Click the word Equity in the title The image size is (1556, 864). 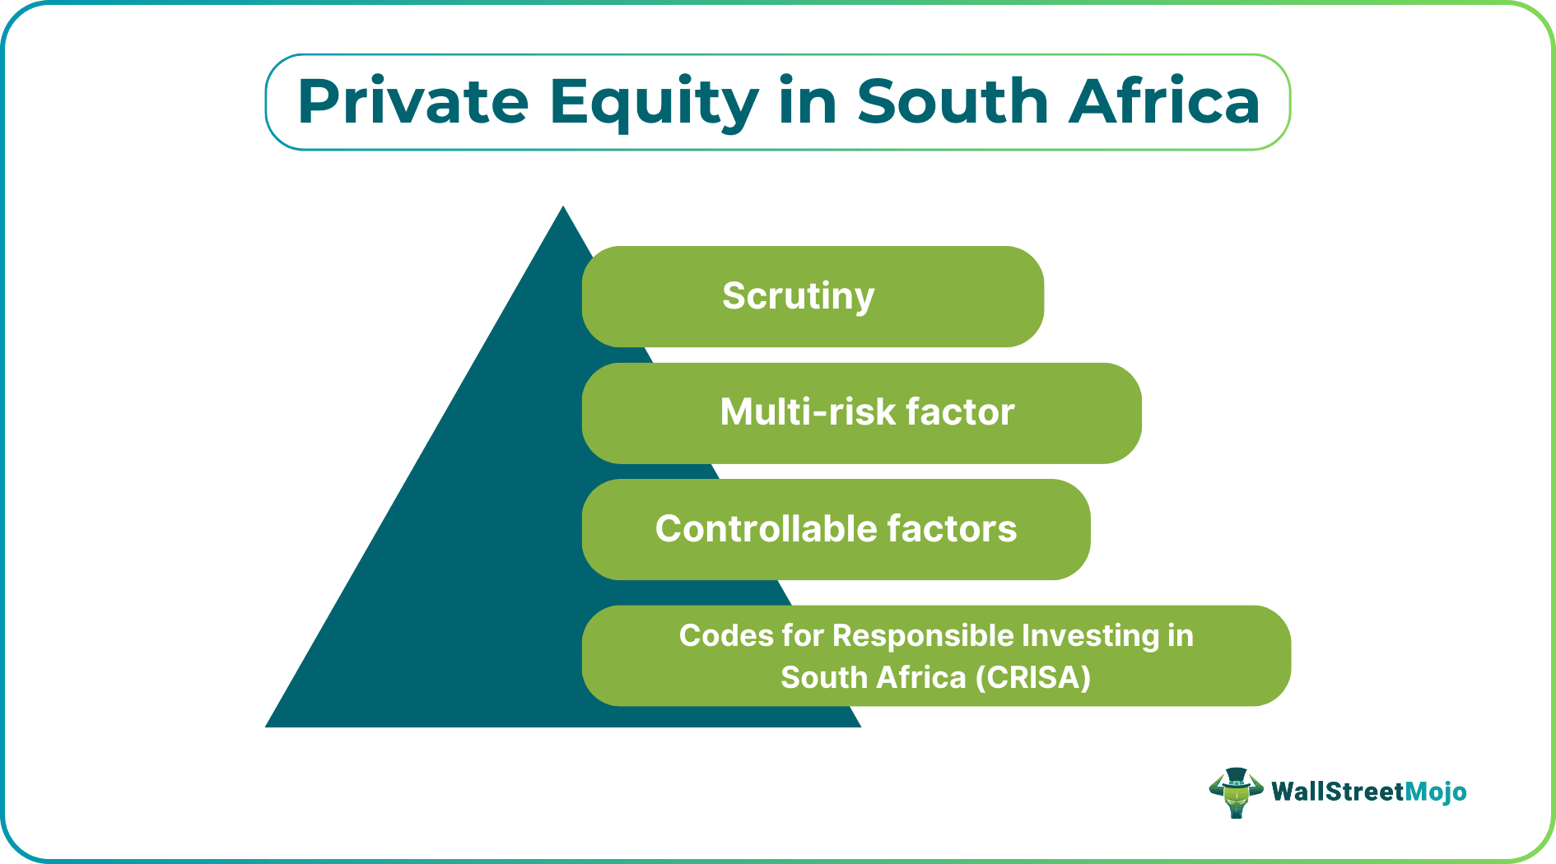click(x=654, y=102)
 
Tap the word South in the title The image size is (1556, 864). click(x=952, y=102)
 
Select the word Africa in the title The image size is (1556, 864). click(x=1163, y=102)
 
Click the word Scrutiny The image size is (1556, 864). click(x=798, y=296)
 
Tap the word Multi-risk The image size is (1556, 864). click(x=807, y=412)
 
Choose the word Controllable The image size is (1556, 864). click(x=765, y=529)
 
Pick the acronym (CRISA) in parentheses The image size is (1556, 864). click(x=1033, y=678)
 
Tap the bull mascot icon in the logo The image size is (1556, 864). click(x=1235, y=792)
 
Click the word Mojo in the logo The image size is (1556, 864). click(x=1435, y=792)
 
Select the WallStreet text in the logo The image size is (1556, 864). click(x=1337, y=792)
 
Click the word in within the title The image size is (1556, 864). click(x=807, y=102)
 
